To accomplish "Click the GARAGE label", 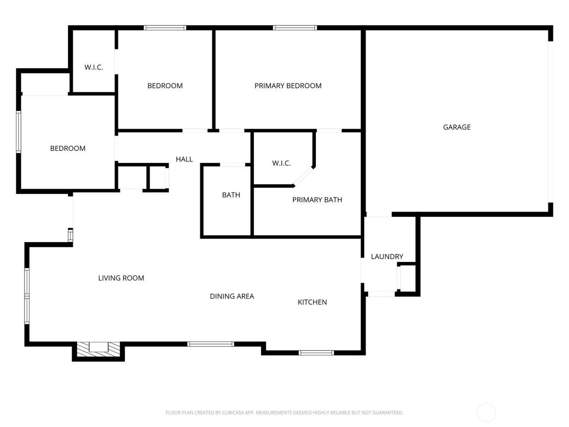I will pyautogui.click(x=456, y=127).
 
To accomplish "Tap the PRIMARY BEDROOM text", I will pyautogui.click(x=288, y=86).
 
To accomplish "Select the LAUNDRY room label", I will pyautogui.click(x=387, y=257).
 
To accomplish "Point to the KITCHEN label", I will pyautogui.click(x=312, y=302).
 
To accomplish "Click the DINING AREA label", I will pyautogui.click(x=232, y=296).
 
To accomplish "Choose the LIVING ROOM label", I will pyautogui.click(x=121, y=278).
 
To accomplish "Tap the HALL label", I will pyautogui.click(x=184, y=159).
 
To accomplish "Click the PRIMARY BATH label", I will pyautogui.click(x=317, y=200).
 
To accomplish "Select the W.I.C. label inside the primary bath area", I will pyautogui.click(x=281, y=163).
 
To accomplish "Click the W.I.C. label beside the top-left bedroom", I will pyautogui.click(x=93, y=68).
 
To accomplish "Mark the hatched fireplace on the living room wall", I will pyautogui.click(x=98, y=349).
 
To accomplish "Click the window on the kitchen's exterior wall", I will pyautogui.click(x=316, y=353).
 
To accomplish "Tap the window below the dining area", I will pyautogui.click(x=211, y=344).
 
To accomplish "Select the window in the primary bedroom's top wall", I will pyautogui.click(x=295, y=28).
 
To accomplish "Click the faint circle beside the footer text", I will pyautogui.click(x=486, y=413).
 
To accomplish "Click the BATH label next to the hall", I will pyautogui.click(x=231, y=195).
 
